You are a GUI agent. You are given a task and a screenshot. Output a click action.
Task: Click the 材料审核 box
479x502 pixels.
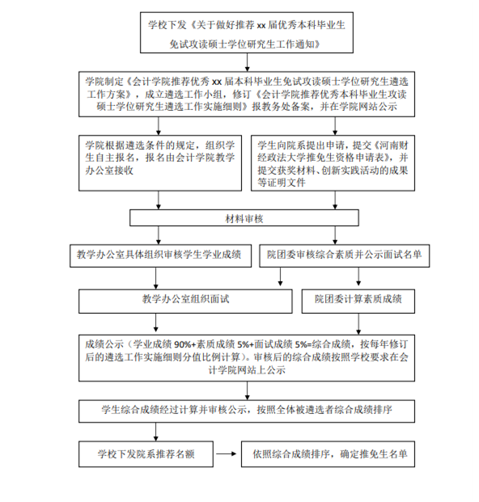244,218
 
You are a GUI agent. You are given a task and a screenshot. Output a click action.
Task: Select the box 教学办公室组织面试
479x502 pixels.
185,302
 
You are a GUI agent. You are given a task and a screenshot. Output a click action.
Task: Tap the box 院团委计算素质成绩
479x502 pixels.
358,302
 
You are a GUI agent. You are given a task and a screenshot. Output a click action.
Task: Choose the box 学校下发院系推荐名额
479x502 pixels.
146,454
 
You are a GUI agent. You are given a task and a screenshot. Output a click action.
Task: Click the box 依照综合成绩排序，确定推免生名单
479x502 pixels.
328,454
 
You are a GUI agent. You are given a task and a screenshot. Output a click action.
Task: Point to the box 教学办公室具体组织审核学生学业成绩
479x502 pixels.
160,255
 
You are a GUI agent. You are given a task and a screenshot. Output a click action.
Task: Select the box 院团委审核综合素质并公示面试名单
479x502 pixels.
345,255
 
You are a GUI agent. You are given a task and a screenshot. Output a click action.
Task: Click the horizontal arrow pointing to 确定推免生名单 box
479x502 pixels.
227,453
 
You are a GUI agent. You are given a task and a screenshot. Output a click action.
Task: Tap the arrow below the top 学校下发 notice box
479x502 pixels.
247,62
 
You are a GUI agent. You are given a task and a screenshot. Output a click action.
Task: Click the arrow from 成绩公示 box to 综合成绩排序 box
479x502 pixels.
247,390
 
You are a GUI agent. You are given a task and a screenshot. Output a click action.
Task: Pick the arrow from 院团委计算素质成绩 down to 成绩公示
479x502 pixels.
358,324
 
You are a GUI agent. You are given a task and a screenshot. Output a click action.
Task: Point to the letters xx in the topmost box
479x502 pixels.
261,25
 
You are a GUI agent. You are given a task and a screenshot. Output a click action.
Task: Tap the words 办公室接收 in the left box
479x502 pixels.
109,171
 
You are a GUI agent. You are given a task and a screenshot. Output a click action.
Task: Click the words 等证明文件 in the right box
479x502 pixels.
282,183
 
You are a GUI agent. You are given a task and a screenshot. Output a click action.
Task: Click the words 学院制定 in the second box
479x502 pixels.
104,82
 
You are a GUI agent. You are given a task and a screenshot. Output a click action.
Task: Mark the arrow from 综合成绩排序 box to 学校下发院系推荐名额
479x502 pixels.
155,432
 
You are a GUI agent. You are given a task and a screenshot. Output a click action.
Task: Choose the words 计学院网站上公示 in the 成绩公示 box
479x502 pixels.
247,369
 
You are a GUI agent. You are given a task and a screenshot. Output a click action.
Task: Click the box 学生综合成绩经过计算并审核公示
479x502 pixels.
247,411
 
